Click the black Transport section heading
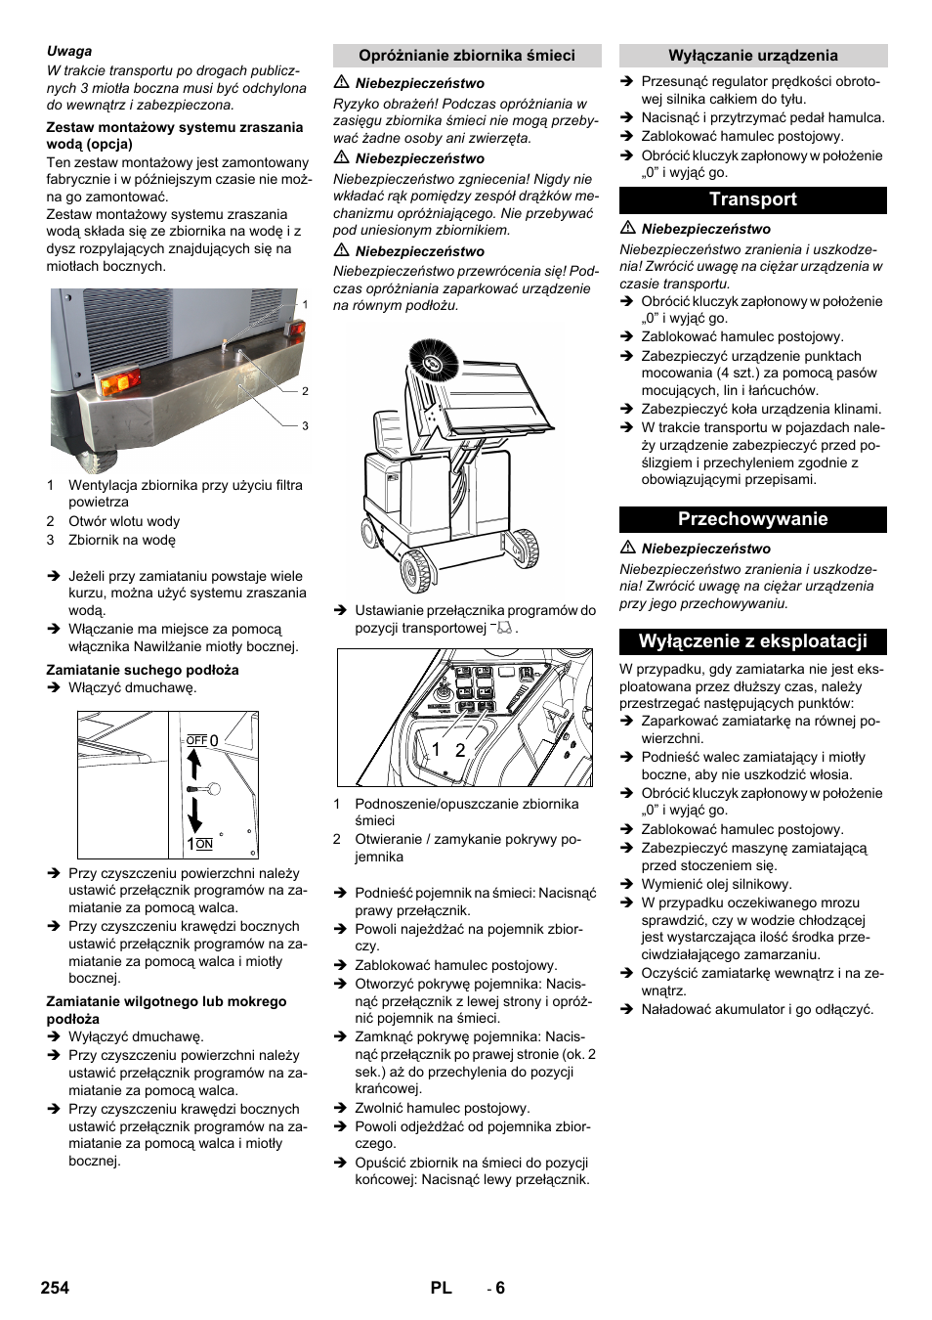tap(752, 199)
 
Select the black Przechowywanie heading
tap(752, 519)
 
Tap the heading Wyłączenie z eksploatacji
tap(752, 641)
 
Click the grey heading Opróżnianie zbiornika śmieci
tap(466, 56)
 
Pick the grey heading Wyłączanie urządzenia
tap(752, 56)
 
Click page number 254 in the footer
tap(55, 1288)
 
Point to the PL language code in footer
tap(441, 1288)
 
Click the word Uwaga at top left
tap(69, 51)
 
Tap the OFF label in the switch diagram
tap(196, 741)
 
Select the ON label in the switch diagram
tap(204, 844)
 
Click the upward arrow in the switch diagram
tap(194, 763)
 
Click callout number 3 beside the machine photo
tap(305, 426)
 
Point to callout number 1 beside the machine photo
tap(305, 305)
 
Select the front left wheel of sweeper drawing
tap(416, 570)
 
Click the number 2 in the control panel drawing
tap(459, 750)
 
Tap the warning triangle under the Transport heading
tap(628, 228)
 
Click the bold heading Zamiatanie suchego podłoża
tap(143, 670)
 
